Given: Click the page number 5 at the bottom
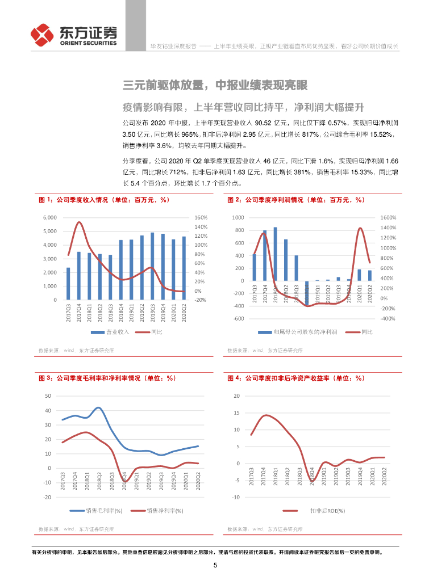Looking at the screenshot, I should point(215,565).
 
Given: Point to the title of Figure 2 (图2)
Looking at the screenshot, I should point(295,200).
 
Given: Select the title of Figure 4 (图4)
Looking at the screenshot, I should point(295,378).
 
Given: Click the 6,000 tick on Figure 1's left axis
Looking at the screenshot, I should point(49,218).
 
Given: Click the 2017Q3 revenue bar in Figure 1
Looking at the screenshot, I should point(68,284).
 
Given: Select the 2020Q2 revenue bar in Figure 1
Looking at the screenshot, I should point(184,268).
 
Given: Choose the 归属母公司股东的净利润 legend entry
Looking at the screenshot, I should point(302,332).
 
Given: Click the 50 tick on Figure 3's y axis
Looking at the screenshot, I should point(48,396).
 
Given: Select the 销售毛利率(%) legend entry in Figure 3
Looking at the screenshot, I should point(96,510).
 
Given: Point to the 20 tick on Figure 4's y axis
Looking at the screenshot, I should point(237,396).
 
